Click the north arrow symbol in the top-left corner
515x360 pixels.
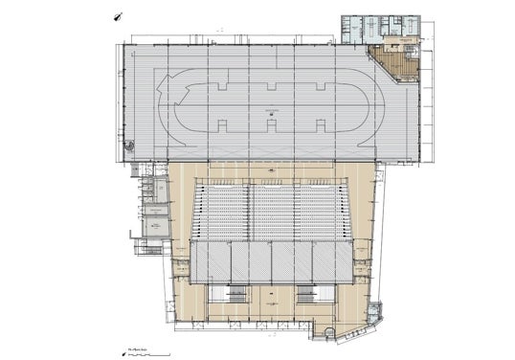[x=117, y=16]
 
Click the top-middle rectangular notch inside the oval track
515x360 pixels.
[x=271, y=88]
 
